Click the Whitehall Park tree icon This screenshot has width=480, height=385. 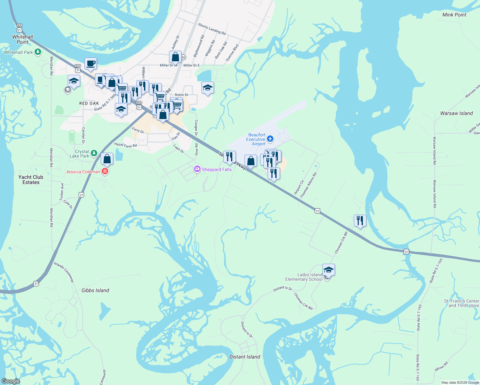(38, 52)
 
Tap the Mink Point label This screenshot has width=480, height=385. (454, 15)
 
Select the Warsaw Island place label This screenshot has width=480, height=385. (456, 113)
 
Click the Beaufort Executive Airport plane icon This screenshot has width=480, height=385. (270, 139)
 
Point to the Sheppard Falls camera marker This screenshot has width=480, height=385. (197, 169)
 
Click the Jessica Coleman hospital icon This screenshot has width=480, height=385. (105, 171)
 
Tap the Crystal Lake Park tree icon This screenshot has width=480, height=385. (94, 153)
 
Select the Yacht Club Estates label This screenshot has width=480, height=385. (31, 180)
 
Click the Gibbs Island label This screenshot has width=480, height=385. (95, 290)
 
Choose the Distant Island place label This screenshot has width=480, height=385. (245, 357)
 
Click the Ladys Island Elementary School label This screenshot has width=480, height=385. (304, 277)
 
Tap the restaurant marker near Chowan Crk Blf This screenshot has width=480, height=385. (360, 220)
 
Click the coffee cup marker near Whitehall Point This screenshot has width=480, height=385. (90, 63)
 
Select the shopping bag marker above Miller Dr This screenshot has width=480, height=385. (175, 57)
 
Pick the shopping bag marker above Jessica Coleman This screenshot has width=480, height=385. (107, 158)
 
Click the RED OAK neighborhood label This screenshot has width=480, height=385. (89, 103)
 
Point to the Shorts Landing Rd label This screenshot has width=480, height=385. (212, 29)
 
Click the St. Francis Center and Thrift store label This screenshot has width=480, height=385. (461, 303)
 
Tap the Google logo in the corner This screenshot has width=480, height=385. (11, 381)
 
